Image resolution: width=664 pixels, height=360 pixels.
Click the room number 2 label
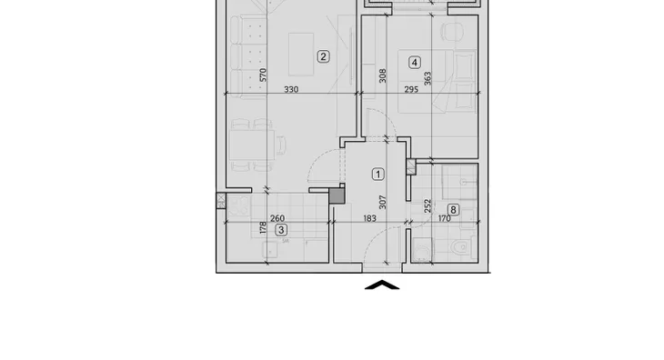[x=323, y=56]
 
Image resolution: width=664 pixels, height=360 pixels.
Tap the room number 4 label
[x=415, y=63]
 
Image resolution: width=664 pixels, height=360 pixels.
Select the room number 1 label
[x=378, y=175]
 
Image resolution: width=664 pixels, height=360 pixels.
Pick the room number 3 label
[x=281, y=230]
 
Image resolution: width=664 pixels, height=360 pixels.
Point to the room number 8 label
[x=453, y=210]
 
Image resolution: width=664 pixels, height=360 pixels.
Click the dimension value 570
[x=263, y=75]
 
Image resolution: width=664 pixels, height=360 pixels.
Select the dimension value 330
[x=291, y=90]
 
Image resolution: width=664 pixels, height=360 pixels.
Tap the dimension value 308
[x=383, y=75]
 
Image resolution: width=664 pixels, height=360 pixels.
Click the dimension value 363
[x=428, y=79]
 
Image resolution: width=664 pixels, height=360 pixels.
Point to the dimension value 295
[x=411, y=90]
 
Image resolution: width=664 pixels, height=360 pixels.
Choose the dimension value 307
[x=383, y=202]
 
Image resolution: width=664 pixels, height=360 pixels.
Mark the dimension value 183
[x=369, y=219]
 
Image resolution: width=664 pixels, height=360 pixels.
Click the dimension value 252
[x=428, y=206]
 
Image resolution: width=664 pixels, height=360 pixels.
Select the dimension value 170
[x=444, y=219]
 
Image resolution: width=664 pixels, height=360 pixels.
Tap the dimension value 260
[x=277, y=219]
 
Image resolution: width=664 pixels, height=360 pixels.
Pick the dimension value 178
[x=263, y=227]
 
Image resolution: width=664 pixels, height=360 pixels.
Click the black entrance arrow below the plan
[x=382, y=285]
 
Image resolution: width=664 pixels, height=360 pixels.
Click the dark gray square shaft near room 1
[x=337, y=195]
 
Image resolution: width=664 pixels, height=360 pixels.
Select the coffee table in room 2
[x=301, y=55]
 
